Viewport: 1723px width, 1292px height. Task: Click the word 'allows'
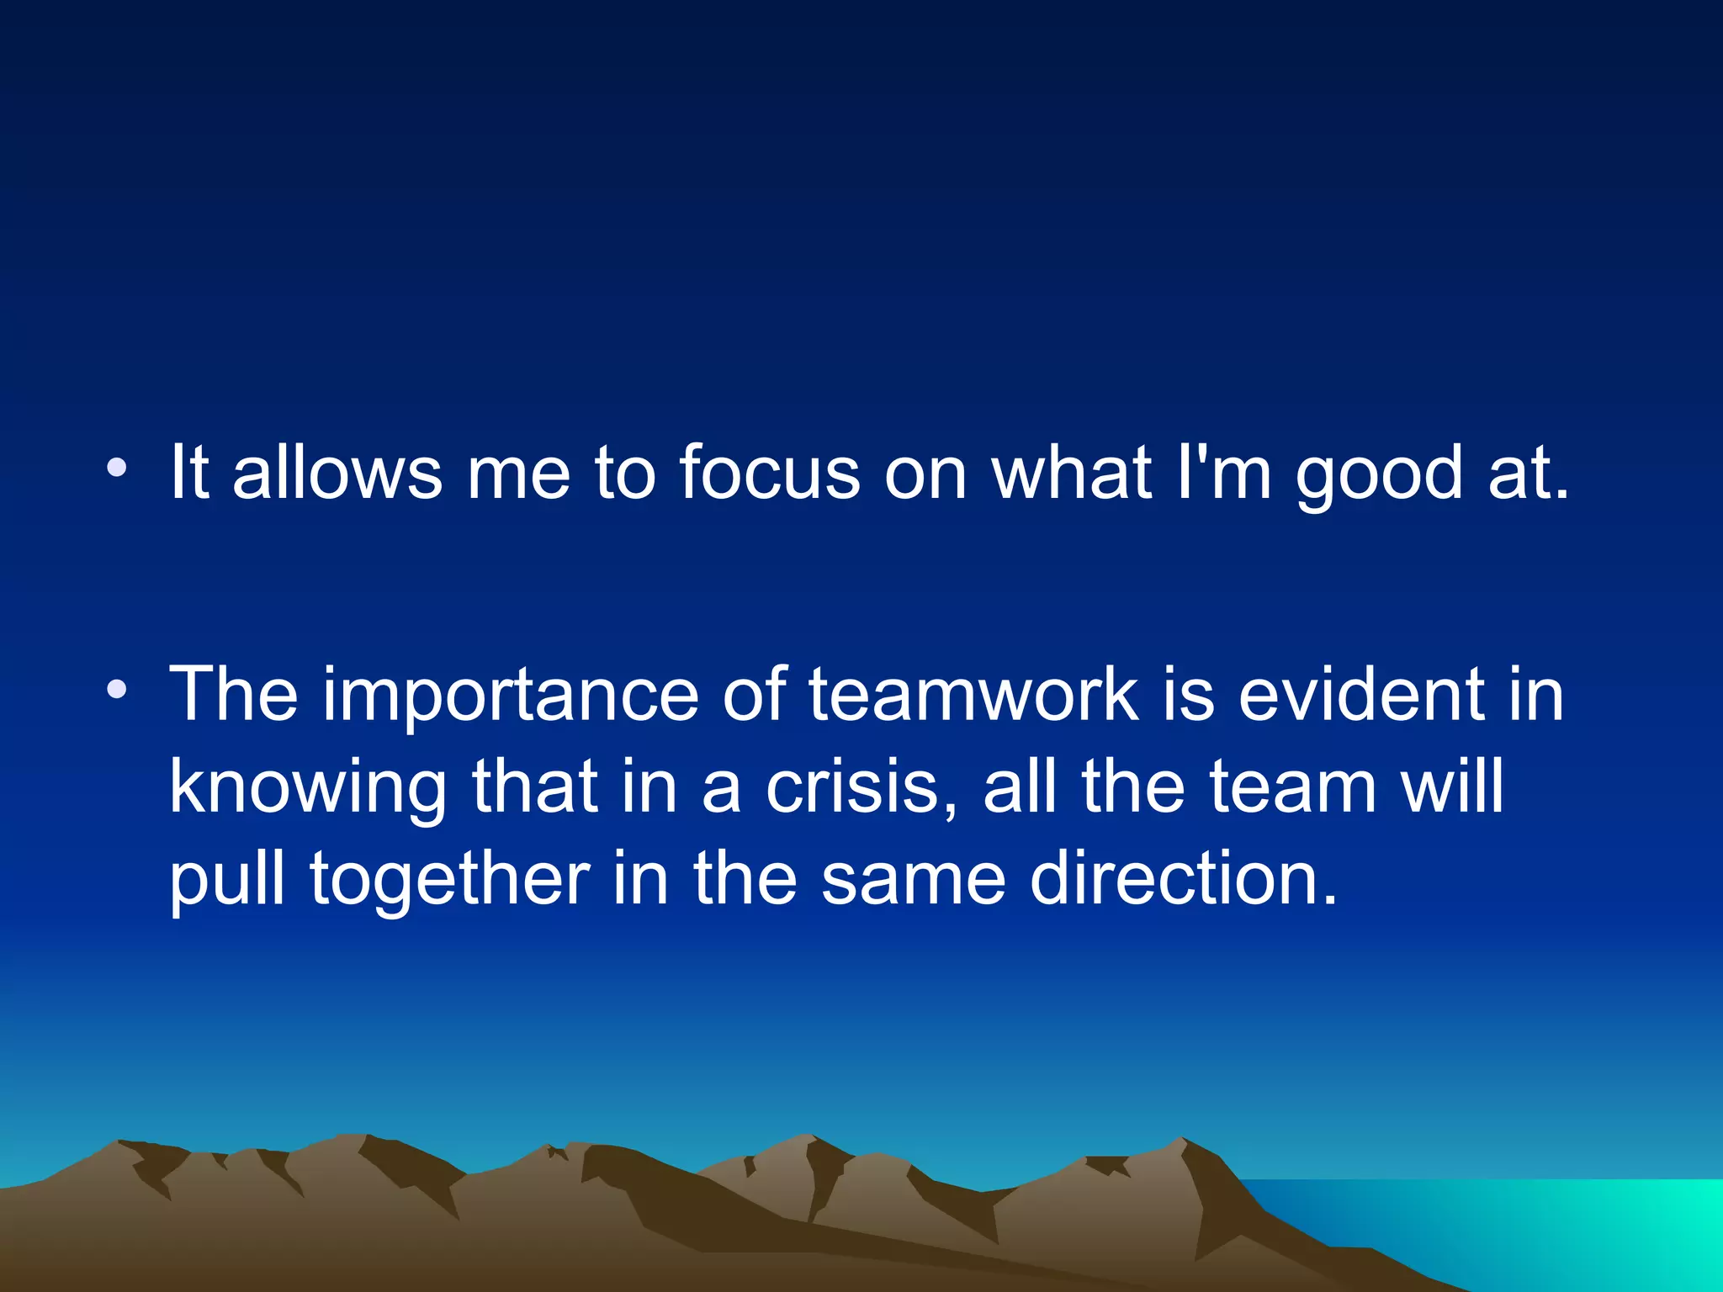tap(337, 473)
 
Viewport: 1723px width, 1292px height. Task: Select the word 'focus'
tap(770, 473)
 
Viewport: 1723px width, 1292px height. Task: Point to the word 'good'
tap(1379, 476)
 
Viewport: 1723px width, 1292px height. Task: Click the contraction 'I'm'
tap(1223, 473)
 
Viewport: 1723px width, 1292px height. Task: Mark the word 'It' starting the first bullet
tap(188, 473)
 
